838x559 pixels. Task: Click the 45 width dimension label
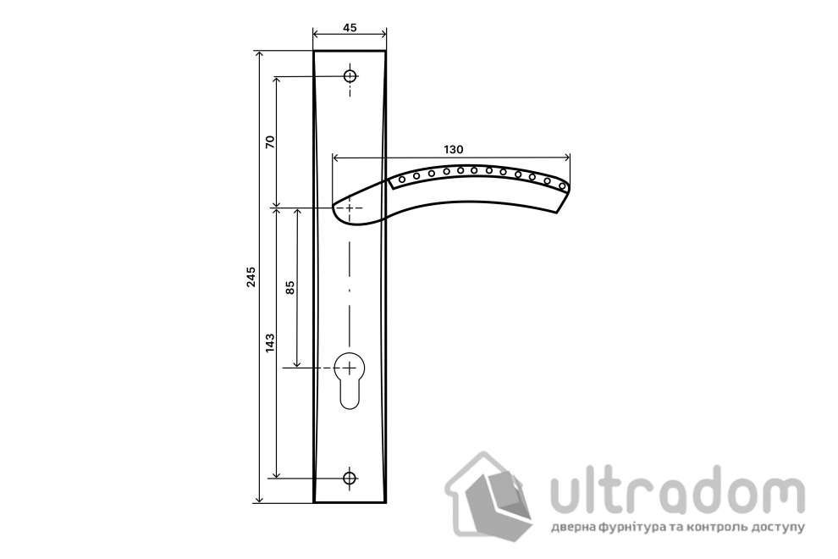click(x=350, y=27)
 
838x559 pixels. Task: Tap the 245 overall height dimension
click(x=251, y=277)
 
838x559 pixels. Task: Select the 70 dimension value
click(x=270, y=141)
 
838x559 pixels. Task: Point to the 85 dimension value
click(x=290, y=288)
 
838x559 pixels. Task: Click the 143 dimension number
click(x=270, y=342)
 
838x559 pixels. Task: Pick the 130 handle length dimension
click(x=453, y=149)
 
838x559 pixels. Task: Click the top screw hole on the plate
click(x=350, y=76)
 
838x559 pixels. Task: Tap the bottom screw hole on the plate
click(x=350, y=477)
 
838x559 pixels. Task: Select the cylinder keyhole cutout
click(x=349, y=380)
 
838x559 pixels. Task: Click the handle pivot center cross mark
click(x=350, y=207)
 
